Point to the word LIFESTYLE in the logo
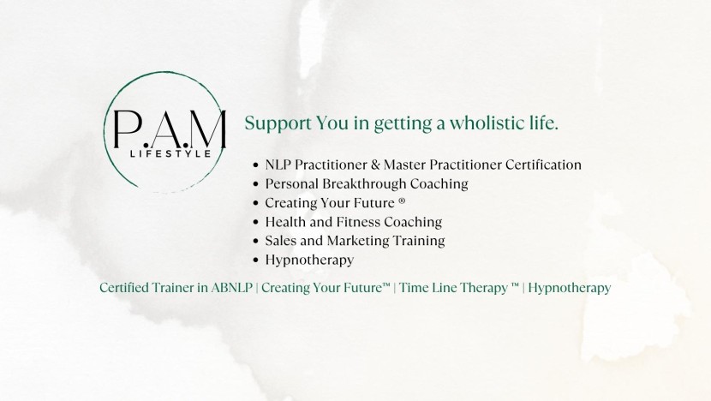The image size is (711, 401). tap(171, 153)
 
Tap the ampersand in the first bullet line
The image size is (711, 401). tap(375, 165)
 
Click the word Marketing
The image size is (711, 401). tap(357, 241)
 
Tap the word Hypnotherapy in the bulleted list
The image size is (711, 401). tap(309, 260)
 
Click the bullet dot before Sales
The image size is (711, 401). tap(256, 242)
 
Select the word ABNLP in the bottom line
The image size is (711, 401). tap(231, 288)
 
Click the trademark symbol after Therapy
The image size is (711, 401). tap(515, 285)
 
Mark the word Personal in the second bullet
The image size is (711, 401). tap(292, 183)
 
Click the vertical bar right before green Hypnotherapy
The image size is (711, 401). tap(523, 288)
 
